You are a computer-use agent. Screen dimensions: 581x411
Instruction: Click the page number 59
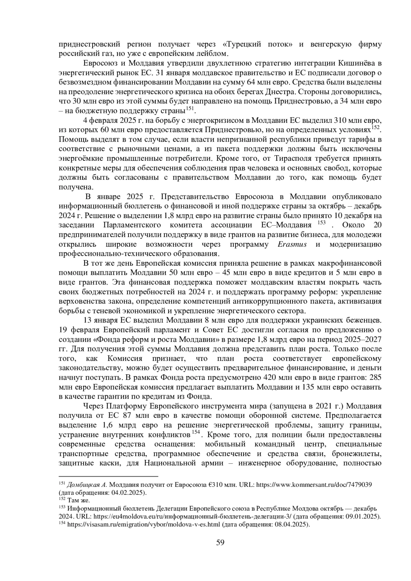point(220,543)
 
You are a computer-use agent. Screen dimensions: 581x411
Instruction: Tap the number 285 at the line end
point(375,378)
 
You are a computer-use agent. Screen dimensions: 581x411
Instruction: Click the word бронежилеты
point(359,454)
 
